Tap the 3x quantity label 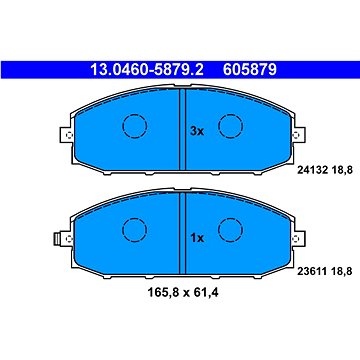tap(197, 130)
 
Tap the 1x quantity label tap(197, 238)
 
